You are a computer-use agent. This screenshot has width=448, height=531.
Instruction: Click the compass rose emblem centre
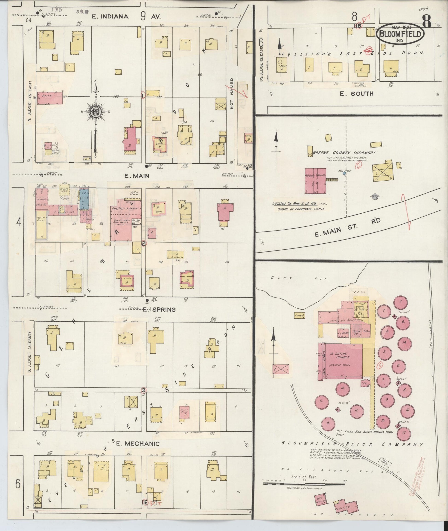tap(96, 111)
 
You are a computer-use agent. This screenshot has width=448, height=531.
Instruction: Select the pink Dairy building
tap(50, 98)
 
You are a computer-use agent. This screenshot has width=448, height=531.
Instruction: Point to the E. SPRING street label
tap(159, 309)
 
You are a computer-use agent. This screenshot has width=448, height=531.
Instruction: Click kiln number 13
tap(328, 423)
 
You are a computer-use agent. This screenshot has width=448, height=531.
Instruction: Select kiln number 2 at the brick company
tap(401, 302)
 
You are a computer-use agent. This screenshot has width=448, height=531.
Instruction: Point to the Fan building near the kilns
tap(364, 383)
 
